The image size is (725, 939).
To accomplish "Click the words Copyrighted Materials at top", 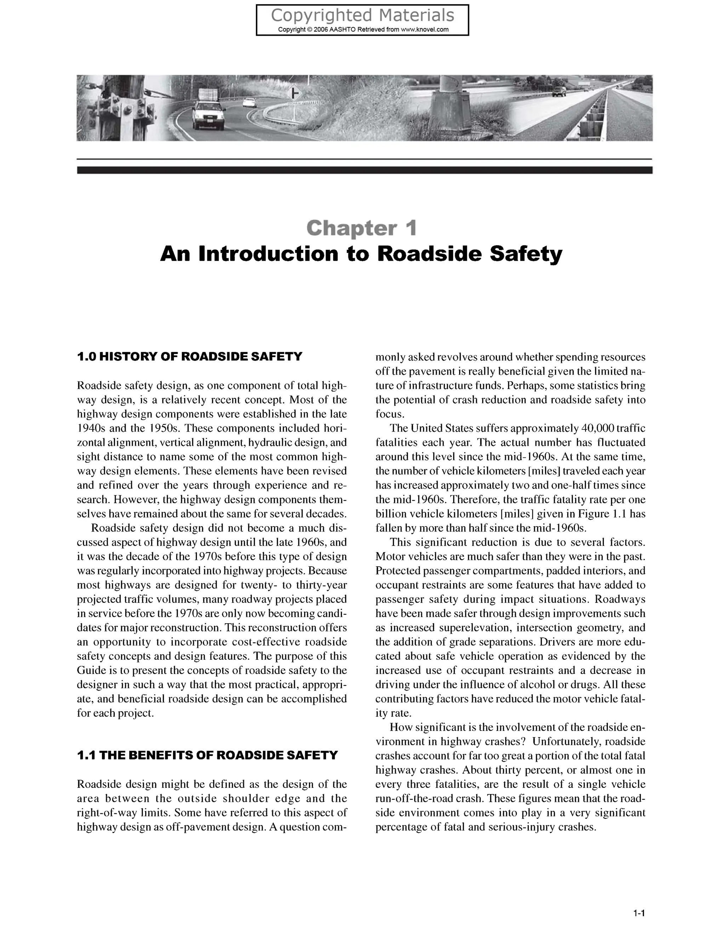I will coord(362,16).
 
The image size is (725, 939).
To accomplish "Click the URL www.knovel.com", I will coord(424,30).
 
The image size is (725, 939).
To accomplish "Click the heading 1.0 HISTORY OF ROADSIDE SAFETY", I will coord(189,356).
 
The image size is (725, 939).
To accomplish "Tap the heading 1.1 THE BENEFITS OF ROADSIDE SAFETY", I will coord(207,755).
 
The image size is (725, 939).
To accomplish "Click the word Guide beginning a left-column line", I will coord(88,670).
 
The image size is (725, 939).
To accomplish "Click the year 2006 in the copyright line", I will coord(321,30).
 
